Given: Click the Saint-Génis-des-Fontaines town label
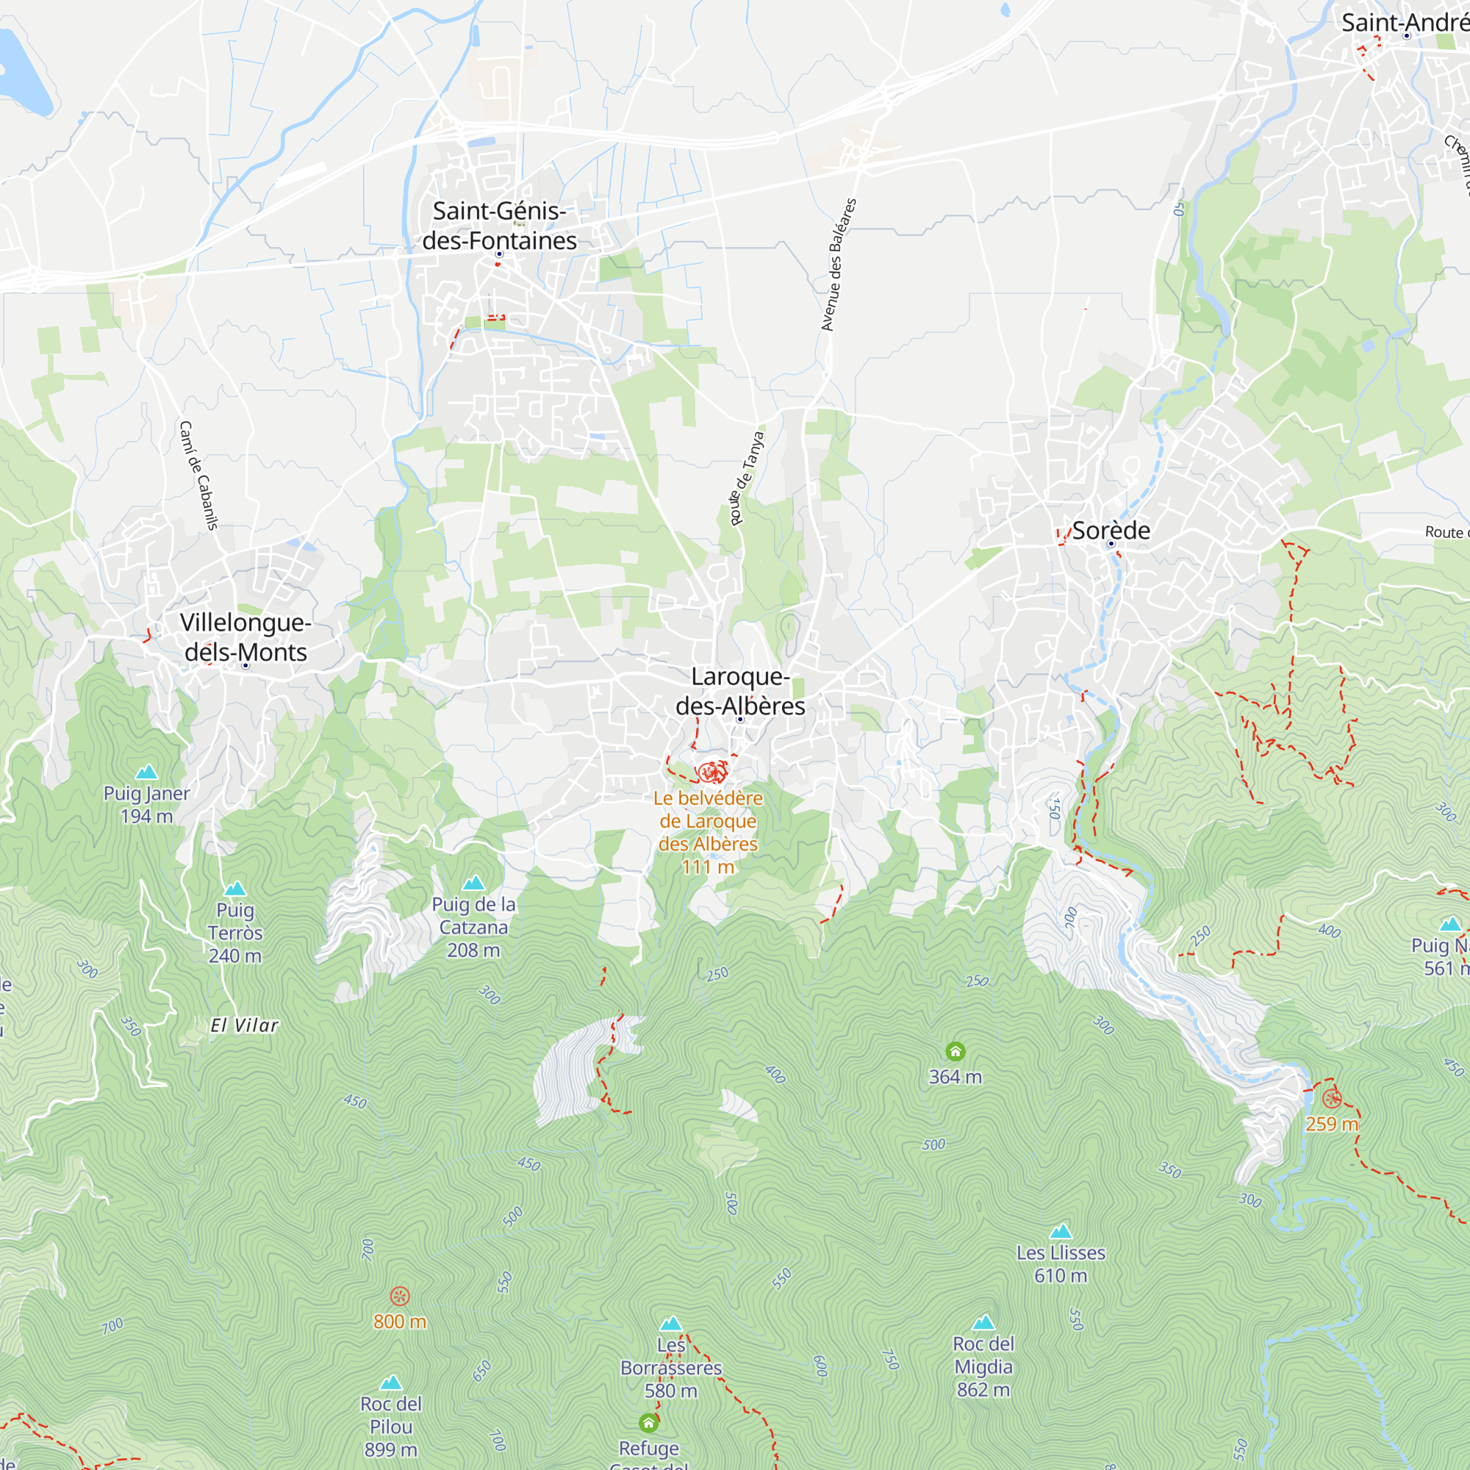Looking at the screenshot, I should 499,225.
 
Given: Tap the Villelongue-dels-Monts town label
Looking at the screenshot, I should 245,637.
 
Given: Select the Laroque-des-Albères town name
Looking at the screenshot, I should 739,691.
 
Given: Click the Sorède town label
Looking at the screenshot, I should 1111,531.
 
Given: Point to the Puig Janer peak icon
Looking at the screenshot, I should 146,772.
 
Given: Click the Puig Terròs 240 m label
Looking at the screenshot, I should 235,932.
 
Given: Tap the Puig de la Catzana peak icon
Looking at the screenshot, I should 473,883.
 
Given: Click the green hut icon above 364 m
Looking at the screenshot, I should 955,1052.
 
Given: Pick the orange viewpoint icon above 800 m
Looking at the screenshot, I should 399,1296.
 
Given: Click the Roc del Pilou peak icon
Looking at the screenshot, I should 390,1383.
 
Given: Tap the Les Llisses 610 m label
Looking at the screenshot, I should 1061,1263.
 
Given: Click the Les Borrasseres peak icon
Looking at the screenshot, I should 670,1324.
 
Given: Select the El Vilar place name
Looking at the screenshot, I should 244,1025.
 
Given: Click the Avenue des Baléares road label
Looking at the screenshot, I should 839,265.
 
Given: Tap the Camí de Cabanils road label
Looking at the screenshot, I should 198,475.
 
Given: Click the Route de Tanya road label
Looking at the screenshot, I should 747,478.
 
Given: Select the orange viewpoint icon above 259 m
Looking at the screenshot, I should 1332,1098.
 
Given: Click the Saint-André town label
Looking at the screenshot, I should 1404,23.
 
